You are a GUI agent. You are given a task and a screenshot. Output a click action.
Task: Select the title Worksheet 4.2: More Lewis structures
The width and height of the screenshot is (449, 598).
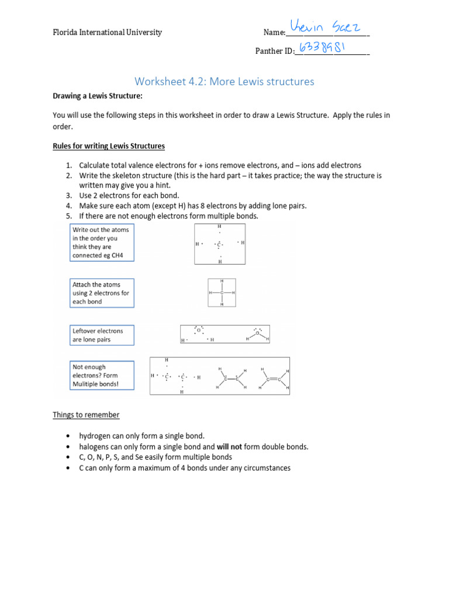point(224,81)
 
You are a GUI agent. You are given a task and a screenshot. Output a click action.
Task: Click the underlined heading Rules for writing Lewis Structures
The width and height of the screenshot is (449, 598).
point(109,146)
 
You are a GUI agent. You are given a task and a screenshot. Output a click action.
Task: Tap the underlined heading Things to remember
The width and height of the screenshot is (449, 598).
point(86,415)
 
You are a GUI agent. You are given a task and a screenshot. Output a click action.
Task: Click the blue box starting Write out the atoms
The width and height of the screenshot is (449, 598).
point(101,242)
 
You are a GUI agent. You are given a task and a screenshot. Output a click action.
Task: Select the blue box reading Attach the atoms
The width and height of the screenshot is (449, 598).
point(101,293)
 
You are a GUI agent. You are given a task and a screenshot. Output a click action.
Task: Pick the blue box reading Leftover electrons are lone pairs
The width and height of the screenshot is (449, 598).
point(101,335)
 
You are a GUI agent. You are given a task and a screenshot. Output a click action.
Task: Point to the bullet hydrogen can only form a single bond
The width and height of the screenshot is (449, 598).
point(142,436)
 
